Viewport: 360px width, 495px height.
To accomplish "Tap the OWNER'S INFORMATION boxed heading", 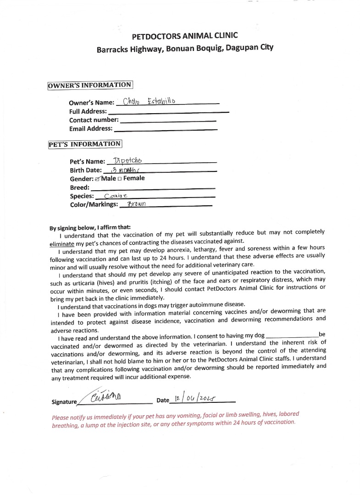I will (x=90, y=85).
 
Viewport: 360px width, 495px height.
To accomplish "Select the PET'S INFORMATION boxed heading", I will (x=85, y=144).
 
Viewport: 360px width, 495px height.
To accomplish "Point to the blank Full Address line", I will (x=168, y=112).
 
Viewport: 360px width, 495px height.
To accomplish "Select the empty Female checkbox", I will (x=120, y=179).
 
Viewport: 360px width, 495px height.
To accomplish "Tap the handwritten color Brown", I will (x=136, y=205).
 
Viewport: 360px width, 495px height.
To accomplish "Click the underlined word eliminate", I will (x=62, y=244).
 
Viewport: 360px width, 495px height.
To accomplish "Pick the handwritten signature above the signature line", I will (x=105, y=396).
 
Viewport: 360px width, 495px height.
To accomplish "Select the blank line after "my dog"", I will (x=292, y=336).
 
